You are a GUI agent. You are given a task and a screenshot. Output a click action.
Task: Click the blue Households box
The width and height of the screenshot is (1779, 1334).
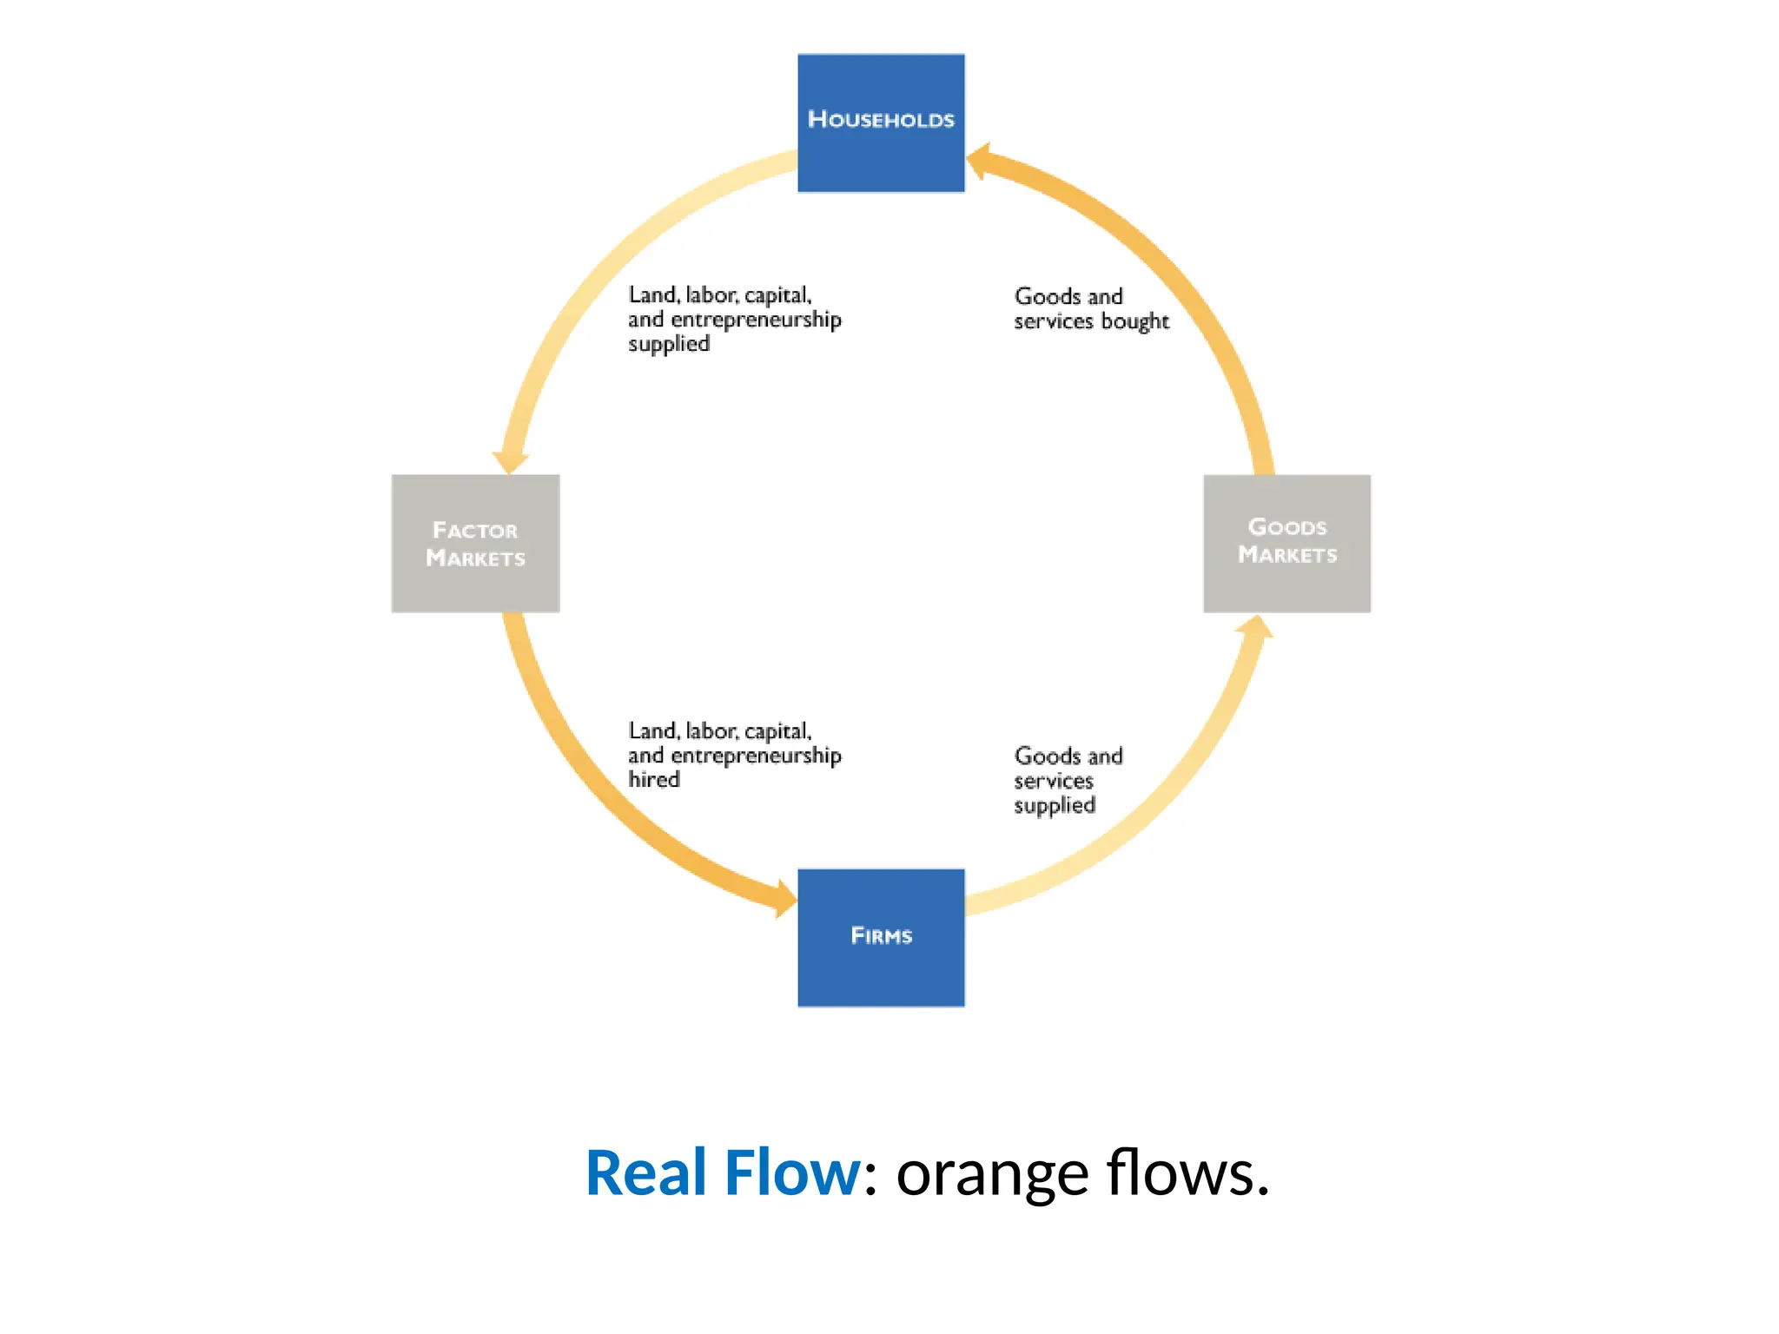(x=881, y=122)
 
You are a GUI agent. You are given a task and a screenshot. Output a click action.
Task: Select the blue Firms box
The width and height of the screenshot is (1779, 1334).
(x=881, y=937)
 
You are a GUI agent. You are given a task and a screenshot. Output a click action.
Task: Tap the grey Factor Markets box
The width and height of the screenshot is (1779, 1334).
(x=475, y=544)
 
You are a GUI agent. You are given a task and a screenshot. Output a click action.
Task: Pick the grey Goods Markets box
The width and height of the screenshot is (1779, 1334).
(x=1286, y=544)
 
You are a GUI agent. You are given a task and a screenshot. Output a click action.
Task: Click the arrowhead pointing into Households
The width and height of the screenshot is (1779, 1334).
(x=979, y=162)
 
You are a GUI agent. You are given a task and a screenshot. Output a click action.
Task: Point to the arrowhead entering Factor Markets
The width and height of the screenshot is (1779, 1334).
(x=511, y=461)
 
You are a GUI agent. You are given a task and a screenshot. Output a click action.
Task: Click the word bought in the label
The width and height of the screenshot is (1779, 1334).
(x=1134, y=321)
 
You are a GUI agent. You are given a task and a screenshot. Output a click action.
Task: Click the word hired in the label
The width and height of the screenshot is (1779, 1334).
(x=654, y=779)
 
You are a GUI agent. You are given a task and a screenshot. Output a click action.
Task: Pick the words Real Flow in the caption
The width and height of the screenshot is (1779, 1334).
(x=723, y=1173)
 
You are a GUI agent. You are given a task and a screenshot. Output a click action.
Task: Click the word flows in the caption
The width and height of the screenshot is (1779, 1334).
(x=1187, y=1173)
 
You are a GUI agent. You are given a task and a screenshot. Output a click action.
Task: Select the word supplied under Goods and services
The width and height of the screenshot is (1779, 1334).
(x=1055, y=805)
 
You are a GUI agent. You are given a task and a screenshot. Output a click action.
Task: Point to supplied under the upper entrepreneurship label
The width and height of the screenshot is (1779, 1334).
(x=669, y=344)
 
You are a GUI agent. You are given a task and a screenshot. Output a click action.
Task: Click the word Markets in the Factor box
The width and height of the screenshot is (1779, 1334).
(x=475, y=558)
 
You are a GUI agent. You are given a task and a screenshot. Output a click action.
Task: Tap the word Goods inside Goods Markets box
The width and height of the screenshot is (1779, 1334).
(x=1286, y=527)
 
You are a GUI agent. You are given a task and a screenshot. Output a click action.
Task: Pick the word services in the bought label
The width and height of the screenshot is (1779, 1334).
(x=1053, y=321)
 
